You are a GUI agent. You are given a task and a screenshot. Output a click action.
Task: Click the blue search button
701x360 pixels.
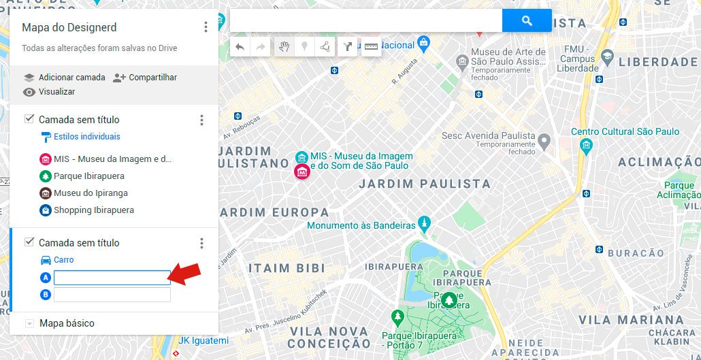point(526,21)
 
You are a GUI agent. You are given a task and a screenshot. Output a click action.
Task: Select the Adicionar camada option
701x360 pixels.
point(65,78)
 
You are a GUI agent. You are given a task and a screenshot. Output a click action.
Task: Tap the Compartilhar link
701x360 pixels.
point(145,78)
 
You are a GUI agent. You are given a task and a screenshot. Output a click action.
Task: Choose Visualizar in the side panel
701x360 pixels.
point(49,92)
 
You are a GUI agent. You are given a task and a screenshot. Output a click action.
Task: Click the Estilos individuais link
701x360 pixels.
point(86,137)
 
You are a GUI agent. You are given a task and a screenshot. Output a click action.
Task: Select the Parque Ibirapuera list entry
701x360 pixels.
point(88,176)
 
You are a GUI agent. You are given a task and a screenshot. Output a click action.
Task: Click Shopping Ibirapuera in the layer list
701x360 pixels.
point(93,210)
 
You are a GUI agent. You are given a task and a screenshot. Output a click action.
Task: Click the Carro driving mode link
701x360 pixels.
point(63,260)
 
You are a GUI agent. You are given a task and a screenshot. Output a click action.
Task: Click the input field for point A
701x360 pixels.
point(112,278)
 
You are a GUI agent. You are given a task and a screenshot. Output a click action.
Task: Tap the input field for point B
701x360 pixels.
point(112,295)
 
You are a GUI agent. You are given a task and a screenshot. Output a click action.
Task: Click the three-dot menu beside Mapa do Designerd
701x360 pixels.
point(206,27)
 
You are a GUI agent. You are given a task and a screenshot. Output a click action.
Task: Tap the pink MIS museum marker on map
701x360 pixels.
point(301,171)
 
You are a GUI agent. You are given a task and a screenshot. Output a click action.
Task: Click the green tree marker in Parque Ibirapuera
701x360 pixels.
point(449,299)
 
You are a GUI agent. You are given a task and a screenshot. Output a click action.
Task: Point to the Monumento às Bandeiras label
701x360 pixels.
point(361,225)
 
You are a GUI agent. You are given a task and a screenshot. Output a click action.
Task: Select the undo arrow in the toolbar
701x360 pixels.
point(240,47)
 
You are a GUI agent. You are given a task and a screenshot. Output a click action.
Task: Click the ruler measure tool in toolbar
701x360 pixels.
point(371,47)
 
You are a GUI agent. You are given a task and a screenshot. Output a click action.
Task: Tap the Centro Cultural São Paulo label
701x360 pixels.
point(625,131)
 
